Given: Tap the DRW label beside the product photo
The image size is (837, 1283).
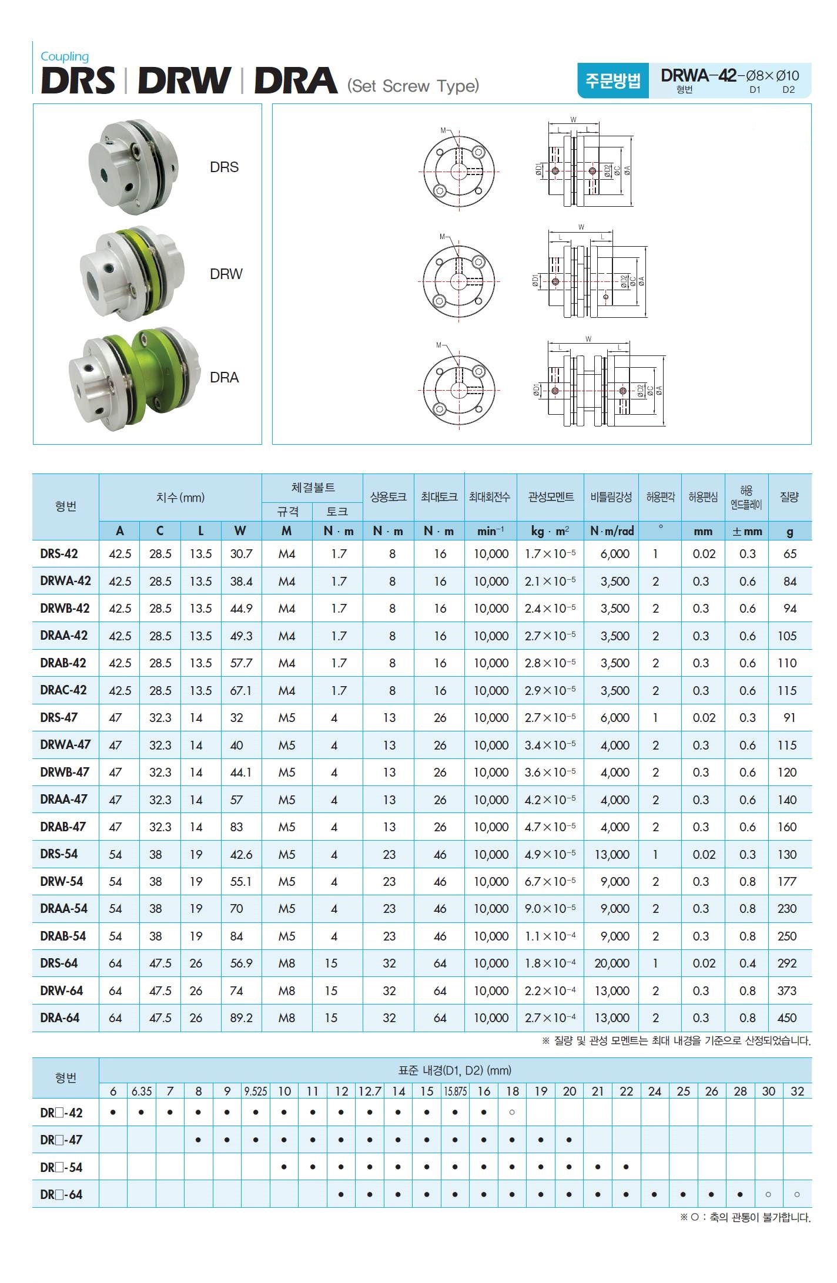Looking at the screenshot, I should coord(226,274).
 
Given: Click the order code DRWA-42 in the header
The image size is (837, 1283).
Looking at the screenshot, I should coord(698,76).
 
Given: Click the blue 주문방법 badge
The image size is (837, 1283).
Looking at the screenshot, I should coord(612,80).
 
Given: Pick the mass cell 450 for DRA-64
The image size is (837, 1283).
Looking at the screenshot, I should coord(786,1018).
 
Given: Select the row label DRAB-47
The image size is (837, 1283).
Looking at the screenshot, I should coord(63,827).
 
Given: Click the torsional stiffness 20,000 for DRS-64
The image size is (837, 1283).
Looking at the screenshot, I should coord(611,963).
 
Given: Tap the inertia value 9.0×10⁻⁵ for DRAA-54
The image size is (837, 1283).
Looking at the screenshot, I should coord(550,909).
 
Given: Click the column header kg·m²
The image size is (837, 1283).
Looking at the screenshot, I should coord(550,531).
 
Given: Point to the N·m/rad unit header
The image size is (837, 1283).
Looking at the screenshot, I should coord(611,531).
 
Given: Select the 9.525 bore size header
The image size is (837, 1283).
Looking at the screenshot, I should coord(256,1091).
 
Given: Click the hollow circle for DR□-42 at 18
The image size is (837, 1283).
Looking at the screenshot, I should coord(512,1113).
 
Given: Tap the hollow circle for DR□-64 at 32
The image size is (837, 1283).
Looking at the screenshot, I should coord(796,1195).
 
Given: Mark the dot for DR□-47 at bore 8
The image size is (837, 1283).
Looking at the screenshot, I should coord(199,1140).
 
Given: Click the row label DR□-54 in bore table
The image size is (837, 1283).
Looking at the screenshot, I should coord(61,1167).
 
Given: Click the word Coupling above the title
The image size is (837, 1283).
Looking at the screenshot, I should coord(65,56).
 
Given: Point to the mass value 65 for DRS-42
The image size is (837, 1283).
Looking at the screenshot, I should coord(789,554).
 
